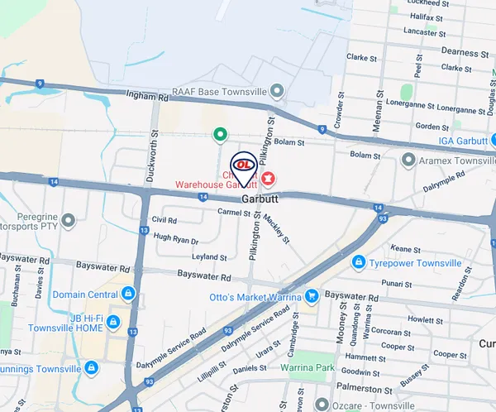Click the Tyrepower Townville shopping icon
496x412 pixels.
tap(359, 263)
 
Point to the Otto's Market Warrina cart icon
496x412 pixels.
tap(312, 295)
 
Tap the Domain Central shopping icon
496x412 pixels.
tap(127, 294)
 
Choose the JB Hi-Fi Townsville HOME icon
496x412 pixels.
tap(112, 321)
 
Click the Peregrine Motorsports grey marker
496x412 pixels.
tap(68, 220)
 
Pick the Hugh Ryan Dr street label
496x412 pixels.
tap(176, 241)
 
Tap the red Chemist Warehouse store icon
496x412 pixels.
tap(268, 176)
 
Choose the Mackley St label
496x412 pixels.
tap(279, 227)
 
